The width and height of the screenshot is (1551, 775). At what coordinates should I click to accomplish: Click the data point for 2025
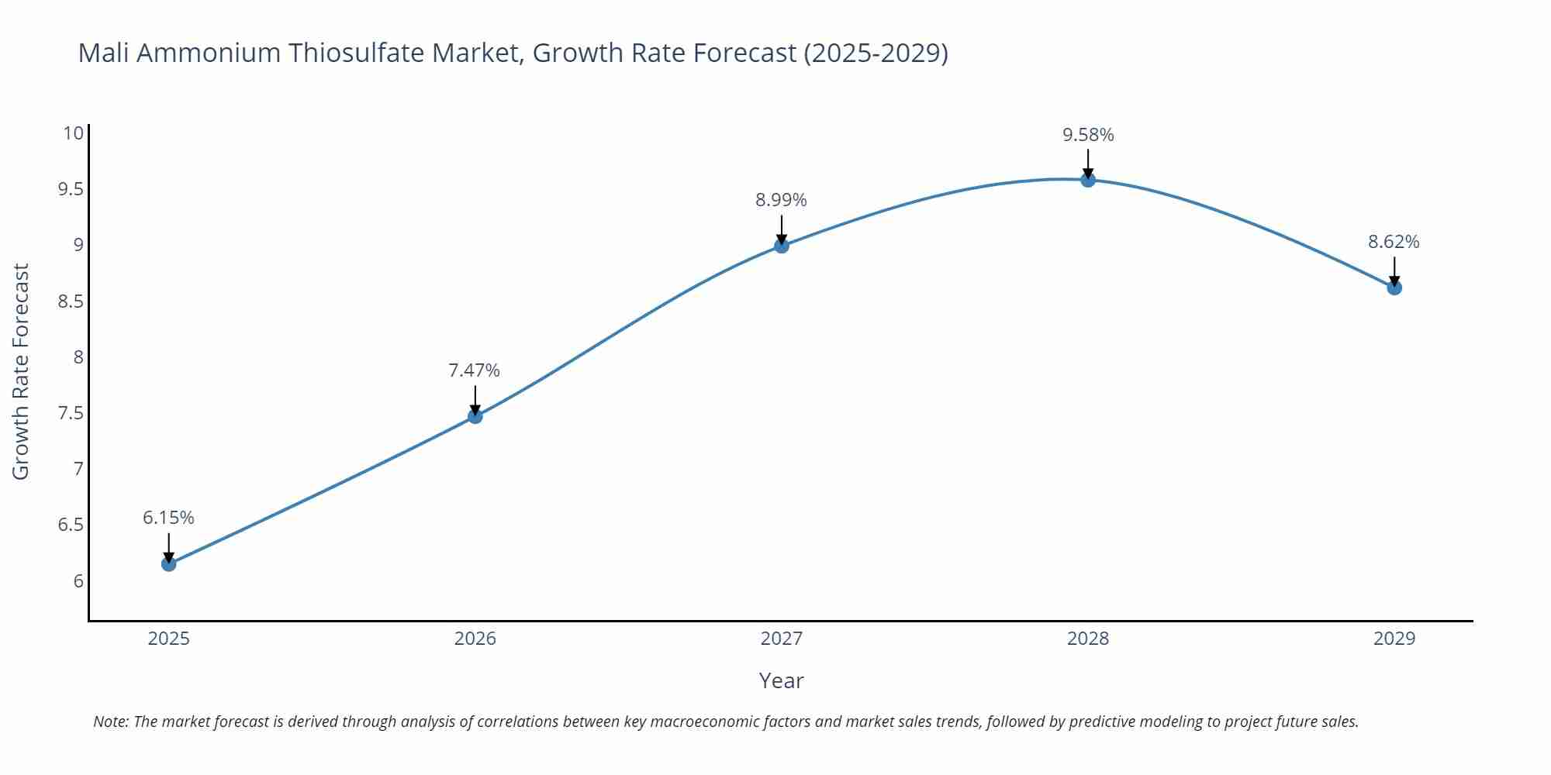pyautogui.click(x=168, y=563)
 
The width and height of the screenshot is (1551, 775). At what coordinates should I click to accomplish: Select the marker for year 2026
pyautogui.click(x=475, y=416)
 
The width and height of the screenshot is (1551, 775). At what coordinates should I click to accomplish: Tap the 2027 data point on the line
pyautogui.click(x=781, y=246)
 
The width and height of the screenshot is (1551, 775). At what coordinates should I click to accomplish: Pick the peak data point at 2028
pyautogui.click(x=1087, y=180)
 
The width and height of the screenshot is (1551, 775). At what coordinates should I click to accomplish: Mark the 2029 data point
pyautogui.click(x=1394, y=288)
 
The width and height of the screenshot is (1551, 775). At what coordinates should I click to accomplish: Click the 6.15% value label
pyautogui.click(x=168, y=518)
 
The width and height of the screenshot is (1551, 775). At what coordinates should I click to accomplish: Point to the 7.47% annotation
pyautogui.click(x=474, y=370)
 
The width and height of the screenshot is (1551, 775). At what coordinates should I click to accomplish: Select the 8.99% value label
pyautogui.click(x=781, y=200)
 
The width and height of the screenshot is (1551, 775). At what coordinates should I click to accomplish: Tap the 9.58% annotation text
pyautogui.click(x=1087, y=135)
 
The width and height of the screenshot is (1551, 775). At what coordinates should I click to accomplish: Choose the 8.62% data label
pyautogui.click(x=1393, y=242)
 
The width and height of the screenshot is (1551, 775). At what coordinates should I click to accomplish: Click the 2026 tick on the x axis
pyautogui.click(x=475, y=639)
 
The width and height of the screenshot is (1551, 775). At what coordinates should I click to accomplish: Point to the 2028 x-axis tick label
pyautogui.click(x=1087, y=639)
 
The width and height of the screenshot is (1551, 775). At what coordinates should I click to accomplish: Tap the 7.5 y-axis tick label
pyautogui.click(x=71, y=413)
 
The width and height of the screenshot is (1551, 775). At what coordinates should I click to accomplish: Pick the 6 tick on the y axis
pyautogui.click(x=78, y=581)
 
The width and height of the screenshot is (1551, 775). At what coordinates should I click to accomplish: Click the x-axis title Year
pyautogui.click(x=781, y=680)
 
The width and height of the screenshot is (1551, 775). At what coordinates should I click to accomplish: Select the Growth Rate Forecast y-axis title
pyautogui.click(x=21, y=371)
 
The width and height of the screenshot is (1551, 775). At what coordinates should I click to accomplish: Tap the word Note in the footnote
pyautogui.click(x=110, y=722)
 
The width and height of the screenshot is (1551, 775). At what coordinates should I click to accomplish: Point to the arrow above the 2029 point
pyautogui.click(x=1394, y=270)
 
